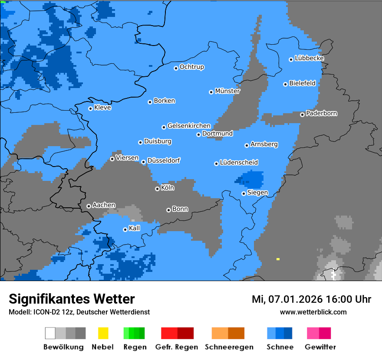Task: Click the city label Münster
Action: click(x=227, y=91)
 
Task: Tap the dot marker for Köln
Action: click(x=157, y=189)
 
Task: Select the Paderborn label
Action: click(x=321, y=113)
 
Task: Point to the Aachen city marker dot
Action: click(x=89, y=206)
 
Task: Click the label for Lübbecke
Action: click(x=309, y=58)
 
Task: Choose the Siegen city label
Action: click(x=257, y=193)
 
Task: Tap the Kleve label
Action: click(x=102, y=108)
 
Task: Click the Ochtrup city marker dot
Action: click(x=176, y=68)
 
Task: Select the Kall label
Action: click(x=135, y=228)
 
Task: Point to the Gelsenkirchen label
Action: click(x=189, y=126)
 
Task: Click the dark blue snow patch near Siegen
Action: click(x=252, y=179)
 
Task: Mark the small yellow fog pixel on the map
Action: click(x=278, y=259)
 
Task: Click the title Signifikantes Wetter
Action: click(x=72, y=299)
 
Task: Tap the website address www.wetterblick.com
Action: click(x=313, y=312)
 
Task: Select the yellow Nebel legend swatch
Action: click(x=103, y=333)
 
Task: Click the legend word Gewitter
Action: click(x=320, y=347)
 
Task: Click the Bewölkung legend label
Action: click(x=63, y=347)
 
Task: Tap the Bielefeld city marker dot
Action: click(x=285, y=84)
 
